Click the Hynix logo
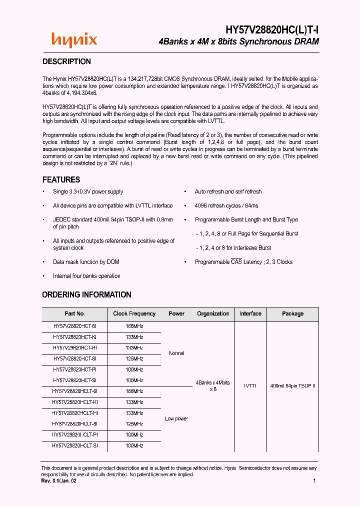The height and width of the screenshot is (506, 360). (74, 40)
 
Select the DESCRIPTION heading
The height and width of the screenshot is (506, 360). (66, 61)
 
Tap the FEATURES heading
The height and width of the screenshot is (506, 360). (61, 179)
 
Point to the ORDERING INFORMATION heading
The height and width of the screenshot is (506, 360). (86, 294)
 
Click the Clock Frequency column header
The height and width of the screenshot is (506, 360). (134, 313)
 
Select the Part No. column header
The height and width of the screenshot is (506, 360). (74, 313)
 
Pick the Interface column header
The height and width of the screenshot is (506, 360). (250, 313)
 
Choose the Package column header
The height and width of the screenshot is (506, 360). (292, 313)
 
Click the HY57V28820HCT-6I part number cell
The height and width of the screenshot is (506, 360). (74, 325)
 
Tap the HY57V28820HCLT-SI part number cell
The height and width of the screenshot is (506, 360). (74, 445)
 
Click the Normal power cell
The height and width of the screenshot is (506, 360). (176, 353)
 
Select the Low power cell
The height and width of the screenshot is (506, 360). (176, 418)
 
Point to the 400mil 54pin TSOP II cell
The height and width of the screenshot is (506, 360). (292, 386)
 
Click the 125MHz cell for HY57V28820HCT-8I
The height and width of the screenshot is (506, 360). (134, 358)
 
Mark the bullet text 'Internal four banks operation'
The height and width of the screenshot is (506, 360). (86, 276)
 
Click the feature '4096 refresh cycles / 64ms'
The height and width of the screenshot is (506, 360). (226, 205)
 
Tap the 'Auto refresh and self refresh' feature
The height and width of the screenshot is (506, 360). (228, 191)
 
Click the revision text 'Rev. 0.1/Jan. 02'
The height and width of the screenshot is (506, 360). (58, 480)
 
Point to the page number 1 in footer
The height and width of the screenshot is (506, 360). (314, 480)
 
